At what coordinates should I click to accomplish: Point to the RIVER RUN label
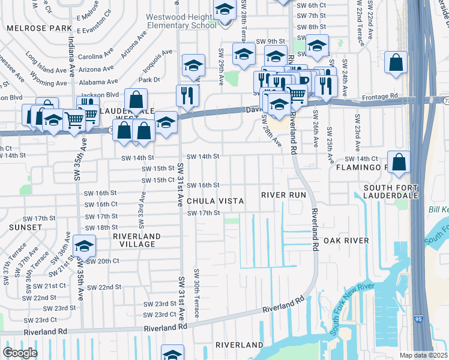pos(284,196)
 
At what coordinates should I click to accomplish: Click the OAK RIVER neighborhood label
pos(346,241)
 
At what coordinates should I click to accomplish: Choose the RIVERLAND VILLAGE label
pos(137,241)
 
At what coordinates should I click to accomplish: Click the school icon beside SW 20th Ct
pos(85,246)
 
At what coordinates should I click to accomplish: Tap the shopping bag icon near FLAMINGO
pos(399,162)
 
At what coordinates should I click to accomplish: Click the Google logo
pos(20,353)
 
